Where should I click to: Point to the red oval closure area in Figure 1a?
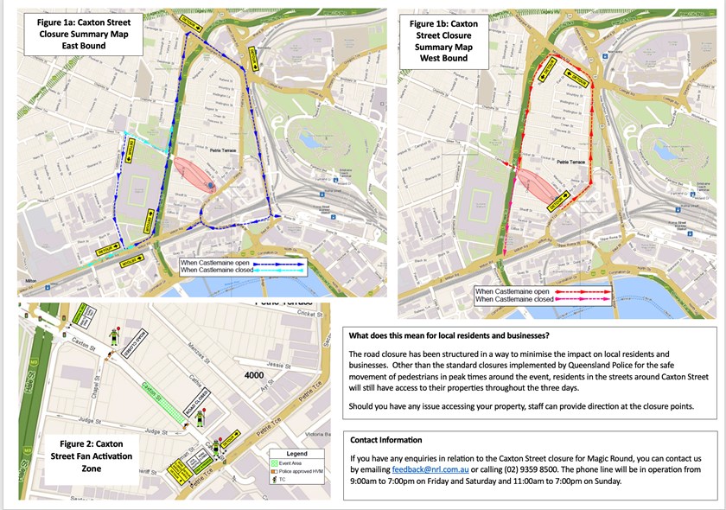point(195,174)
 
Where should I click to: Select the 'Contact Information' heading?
point(386,440)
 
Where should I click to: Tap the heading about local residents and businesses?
point(449,335)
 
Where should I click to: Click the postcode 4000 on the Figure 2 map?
point(254,376)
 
